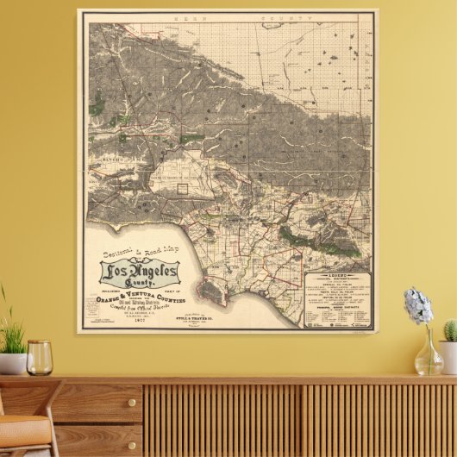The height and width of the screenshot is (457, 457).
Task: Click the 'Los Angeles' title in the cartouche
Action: pyautogui.click(x=139, y=273)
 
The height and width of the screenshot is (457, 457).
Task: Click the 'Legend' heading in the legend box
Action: pyautogui.click(x=338, y=276)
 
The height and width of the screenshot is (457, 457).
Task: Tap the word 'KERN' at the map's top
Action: pyautogui.click(x=186, y=16)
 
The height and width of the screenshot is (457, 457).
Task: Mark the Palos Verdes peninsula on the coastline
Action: pyautogui.click(x=213, y=294)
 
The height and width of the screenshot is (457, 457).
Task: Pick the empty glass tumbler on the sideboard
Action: pyautogui.click(x=39, y=358)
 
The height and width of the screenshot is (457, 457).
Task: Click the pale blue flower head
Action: pyautogui.click(x=418, y=306)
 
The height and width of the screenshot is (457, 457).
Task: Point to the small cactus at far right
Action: pyautogui.click(x=449, y=331)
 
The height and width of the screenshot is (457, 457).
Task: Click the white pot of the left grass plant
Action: pyautogui.click(x=12, y=363)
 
